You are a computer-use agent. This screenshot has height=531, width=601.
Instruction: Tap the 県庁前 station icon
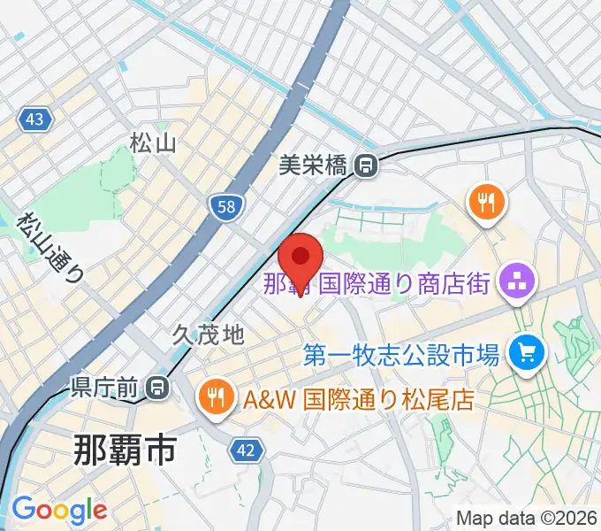[x=156, y=387]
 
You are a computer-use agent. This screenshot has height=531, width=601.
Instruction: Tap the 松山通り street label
[x=50, y=247]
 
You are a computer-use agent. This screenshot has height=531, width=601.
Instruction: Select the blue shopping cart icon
[x=528, y=355]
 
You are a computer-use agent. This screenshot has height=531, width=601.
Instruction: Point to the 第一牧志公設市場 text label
[x=402, y=356]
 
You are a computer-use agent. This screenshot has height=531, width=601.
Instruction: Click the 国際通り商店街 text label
[x=402, y=284]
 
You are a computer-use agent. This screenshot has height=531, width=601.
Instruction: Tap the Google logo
[x=58, y=510]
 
